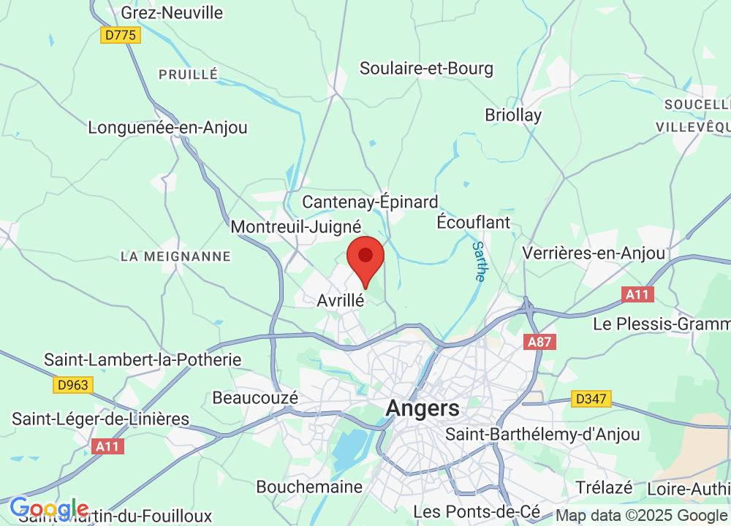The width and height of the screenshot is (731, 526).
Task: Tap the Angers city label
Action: pos(423,408)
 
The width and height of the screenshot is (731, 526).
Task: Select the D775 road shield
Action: pos(121,35)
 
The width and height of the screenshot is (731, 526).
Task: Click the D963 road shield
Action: pos(73,384)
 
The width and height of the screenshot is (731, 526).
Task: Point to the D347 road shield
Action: pos(591,399)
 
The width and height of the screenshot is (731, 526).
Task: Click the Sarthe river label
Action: pos(479,262)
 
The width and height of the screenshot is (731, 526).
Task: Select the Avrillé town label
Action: pos(341,300)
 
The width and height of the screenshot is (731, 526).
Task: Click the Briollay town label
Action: pos(513,115)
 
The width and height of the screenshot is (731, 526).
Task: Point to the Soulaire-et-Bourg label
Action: pos(426,69)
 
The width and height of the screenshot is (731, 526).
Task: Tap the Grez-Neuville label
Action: pos(172,12)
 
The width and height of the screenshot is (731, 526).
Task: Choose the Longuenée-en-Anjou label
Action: pos(167,127)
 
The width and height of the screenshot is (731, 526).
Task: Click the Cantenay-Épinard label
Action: pos(370,202)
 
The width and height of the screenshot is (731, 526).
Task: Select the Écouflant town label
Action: pos(473,222)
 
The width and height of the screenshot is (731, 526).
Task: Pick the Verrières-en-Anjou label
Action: pos(594,253)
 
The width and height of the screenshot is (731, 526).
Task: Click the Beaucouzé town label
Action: pos(255,398)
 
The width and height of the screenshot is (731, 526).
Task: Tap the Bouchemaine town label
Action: pos(309,487)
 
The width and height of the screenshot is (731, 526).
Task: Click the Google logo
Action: pos(49,508)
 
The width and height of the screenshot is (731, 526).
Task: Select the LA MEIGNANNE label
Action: pos(175,256)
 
